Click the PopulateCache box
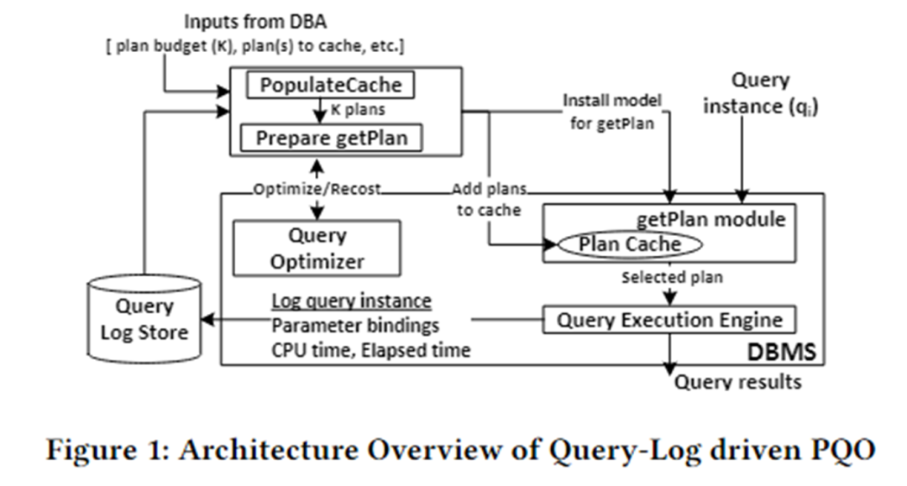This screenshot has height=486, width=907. coord(330,85)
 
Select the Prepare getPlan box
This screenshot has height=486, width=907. coord(331,138)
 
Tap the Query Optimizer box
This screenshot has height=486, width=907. coord(317,248)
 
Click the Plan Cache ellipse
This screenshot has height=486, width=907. coord(629,244)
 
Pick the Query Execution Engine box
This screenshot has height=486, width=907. coord(669,320)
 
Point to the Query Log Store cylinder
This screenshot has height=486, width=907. coord(144,319)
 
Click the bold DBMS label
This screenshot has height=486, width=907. coord(781,352)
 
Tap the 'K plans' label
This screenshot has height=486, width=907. coord(358,109)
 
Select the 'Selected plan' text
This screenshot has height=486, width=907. coord(672,277)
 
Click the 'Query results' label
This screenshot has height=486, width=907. coord(738,381)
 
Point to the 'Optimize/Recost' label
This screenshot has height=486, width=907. coord(317,189)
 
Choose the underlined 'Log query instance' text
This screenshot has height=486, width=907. coord(352,300)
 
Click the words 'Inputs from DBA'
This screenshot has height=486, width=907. coord(255,22)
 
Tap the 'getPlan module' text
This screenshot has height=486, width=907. coord(711,219)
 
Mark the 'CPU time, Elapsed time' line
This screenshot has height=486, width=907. coord(371,350)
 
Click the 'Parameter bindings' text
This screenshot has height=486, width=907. coord(355,326)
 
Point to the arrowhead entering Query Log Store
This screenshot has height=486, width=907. coord(207,319)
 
